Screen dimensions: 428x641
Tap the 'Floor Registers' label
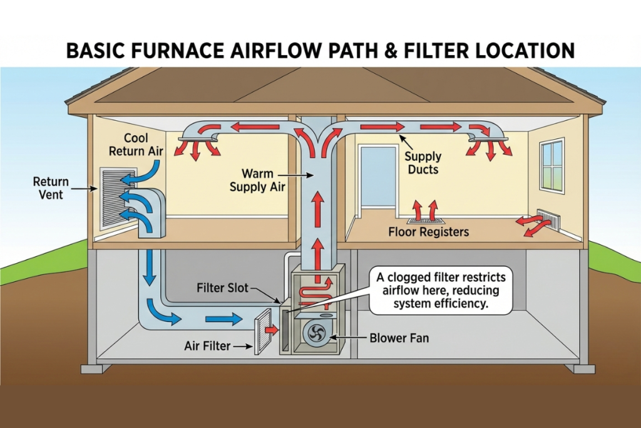click(x=428, y=232)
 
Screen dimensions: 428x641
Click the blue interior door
click(x=379, y=178)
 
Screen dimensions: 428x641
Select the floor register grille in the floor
click(x=426, y=220)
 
